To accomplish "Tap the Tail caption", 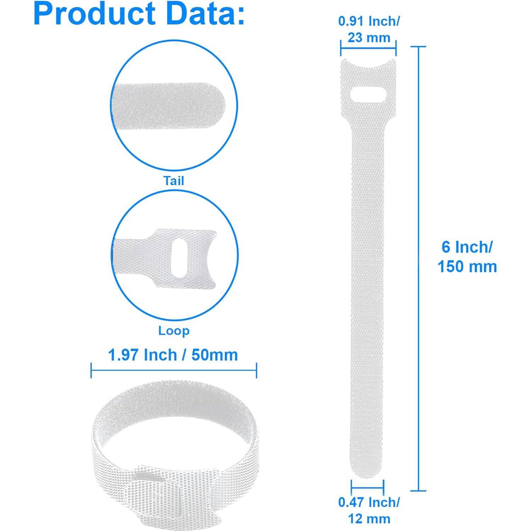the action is point(174,181).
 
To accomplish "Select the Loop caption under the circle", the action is point(174,331).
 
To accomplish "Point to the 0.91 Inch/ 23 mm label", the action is point(369,29).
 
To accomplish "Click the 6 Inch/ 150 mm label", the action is point(467,257).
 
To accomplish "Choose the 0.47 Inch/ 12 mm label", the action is point(369,510).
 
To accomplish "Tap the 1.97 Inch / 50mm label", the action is point(173,355).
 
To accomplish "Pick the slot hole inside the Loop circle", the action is point(180,259).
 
